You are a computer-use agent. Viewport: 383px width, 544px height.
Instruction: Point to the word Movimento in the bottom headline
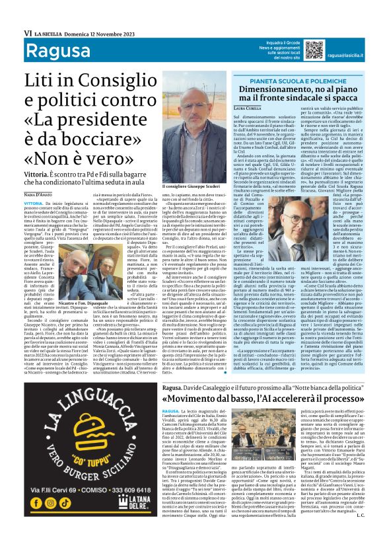(x=199, y=399)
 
